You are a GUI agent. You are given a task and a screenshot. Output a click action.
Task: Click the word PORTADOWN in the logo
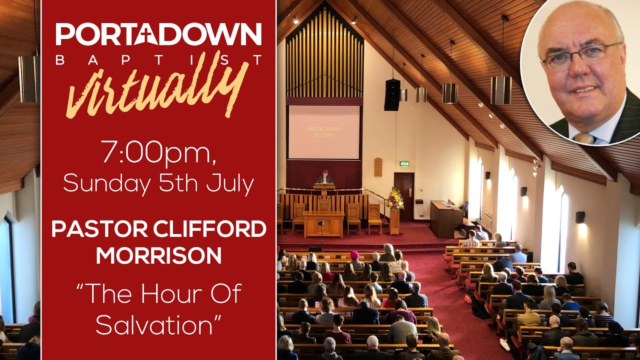click(158, 34)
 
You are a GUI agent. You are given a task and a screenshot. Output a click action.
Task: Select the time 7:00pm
click(158, 153)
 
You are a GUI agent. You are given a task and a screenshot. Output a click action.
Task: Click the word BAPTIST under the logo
click(158, 60)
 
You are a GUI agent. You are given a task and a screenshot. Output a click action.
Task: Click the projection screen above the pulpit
click(324, 132)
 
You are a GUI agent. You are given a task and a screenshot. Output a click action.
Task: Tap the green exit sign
click(404, 163)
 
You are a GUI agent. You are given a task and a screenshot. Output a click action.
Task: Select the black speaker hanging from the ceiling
click(392, 94)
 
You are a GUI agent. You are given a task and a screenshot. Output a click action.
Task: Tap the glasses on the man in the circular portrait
click(580, 54)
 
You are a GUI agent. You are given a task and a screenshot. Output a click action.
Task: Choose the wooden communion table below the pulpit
click(323, 223)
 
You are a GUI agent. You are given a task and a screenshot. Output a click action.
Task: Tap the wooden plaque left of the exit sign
click(377, 166)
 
